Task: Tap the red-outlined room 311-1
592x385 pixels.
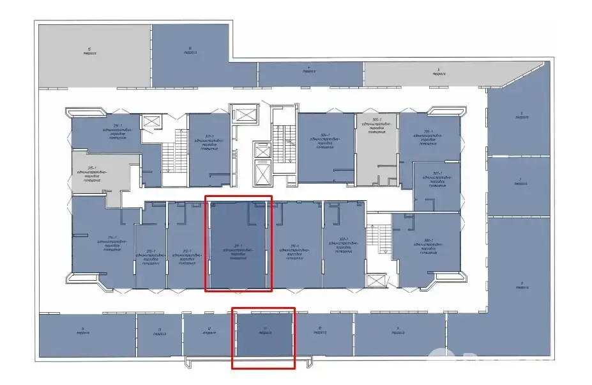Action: point(238,246)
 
